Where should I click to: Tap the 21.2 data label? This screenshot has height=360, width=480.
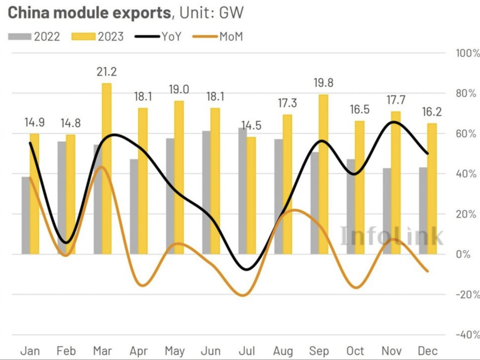(107, 71)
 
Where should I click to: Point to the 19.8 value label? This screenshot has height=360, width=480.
(323, 83)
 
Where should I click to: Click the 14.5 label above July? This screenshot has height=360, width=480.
(251, 126)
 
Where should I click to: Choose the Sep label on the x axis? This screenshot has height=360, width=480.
(319, 350)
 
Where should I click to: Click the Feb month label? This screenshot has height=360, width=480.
(66, 350)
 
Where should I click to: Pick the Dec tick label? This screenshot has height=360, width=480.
(427, 350)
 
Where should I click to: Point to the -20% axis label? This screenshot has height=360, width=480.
(467, 295)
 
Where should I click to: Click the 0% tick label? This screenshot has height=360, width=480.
(463, 254)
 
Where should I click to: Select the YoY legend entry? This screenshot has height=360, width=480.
(159, 37)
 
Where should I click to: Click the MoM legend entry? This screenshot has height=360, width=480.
(218, 37)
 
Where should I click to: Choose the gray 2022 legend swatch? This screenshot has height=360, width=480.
(20, 37)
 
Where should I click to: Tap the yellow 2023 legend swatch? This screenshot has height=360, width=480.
(83, 37)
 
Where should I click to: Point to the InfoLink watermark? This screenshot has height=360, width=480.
(391, 236)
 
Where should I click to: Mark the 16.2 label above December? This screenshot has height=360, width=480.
(432, 112)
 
